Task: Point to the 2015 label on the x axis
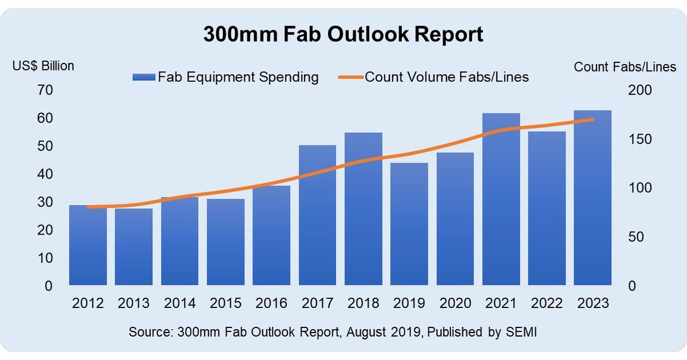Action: tap(225, 302)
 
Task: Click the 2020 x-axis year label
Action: tap(455, 302)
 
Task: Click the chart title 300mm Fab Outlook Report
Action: tap(343, 34)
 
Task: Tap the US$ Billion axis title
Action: tap(44, 66)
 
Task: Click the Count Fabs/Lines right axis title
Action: tap(625, 67)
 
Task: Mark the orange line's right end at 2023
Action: tap(593, 120)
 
